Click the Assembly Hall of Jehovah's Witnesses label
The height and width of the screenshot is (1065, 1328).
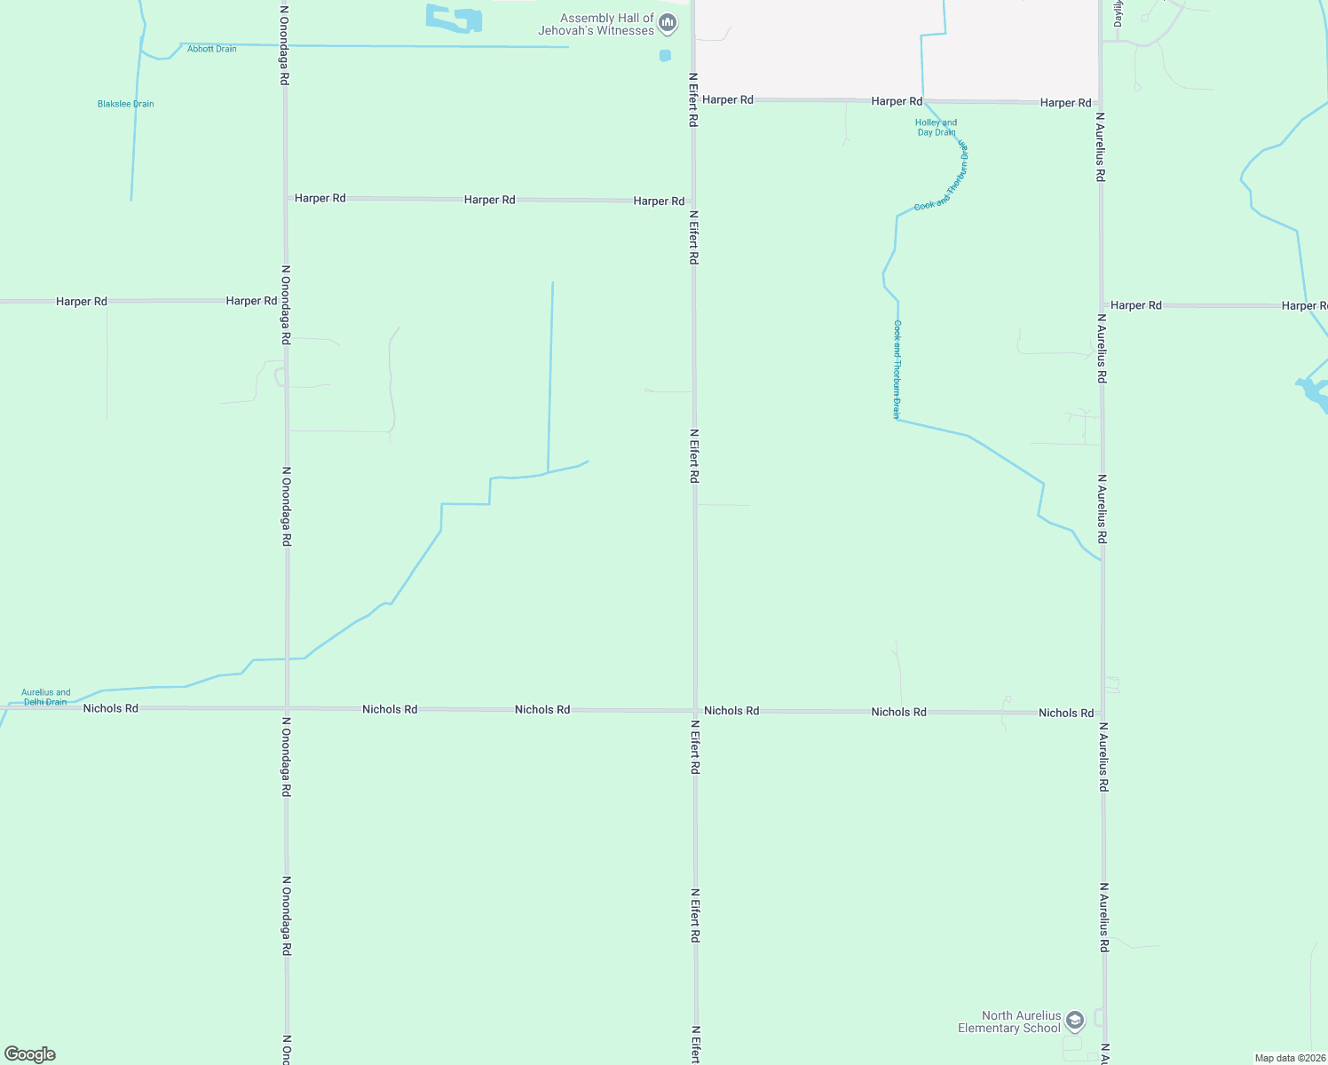pyautogui.click(x=596, y=24)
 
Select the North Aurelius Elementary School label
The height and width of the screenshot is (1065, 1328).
pyautogui.click(x=1009, y=1022)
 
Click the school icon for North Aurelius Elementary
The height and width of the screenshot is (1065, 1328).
pyautogui.click(x=1075, y=1021)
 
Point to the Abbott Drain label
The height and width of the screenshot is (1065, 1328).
pyautogui.click(x=211, y=49)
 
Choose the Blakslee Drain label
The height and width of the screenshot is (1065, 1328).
pyautogui.click(x=125, y=104)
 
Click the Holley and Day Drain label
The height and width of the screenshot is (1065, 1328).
pyautogui.click(x=936, y=128)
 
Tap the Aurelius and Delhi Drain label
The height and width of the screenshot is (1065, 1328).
pyautogui.click(x=45, y=697)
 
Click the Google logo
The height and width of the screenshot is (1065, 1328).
pyautogui.click(x=30, y=1054)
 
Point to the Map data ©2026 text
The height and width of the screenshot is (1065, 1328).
pyautogui.click(x=1290, y=1058)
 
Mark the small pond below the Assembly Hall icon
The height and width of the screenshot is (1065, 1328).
pyautogui.click(x=665, y=56)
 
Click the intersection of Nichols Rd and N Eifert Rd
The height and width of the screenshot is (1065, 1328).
pyautogui.click(x=694, y=710)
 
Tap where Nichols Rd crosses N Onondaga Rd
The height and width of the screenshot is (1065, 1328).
pyautogui.click(x=286, y=708)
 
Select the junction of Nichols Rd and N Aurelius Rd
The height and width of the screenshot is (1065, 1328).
pyautogui.click(x=1103, y=713)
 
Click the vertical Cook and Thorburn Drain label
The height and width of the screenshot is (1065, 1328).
pyautogui.click(x=897, y=369)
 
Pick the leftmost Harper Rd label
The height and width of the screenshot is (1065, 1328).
pyautogui.click(x=81, y=302)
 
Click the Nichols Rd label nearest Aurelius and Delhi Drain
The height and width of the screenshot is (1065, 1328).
pyautogui.click(x=110, y=708)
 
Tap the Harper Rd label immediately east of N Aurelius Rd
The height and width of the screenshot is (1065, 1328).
pyautogui.click(x=1135, y=305)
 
